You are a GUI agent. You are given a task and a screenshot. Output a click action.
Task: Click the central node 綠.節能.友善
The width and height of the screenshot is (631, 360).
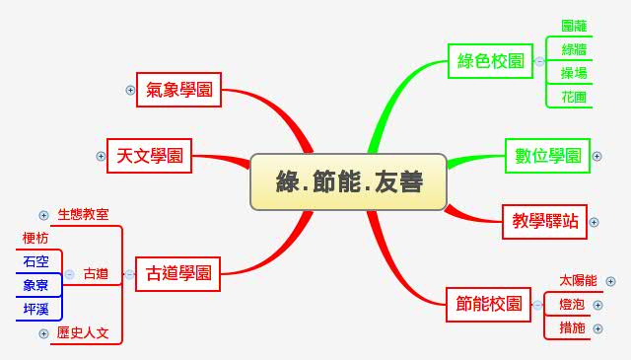click(349, 181)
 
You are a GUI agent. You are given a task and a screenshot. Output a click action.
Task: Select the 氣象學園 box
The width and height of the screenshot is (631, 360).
click(178, 90)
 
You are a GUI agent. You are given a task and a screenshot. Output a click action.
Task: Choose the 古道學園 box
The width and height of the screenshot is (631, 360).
click(178, 273)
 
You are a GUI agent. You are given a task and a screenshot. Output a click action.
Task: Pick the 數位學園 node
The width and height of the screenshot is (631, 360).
click(547, 156)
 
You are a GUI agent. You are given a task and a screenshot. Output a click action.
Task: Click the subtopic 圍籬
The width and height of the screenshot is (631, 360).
click(574, 27)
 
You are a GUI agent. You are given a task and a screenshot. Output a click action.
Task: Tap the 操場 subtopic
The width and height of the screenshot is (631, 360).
click(574, 74)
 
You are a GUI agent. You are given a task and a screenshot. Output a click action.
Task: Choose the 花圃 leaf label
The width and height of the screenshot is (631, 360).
click(574, 97)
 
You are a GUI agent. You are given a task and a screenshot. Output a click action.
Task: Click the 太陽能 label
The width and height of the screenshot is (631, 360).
click(578, 281)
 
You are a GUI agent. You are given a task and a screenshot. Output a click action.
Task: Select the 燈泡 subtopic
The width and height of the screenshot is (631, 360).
click(571, 305)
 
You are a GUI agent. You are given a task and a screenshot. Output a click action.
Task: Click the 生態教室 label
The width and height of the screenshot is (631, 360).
click(83, 214)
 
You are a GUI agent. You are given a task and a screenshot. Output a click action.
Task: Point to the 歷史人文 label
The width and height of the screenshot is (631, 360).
click(83, 333)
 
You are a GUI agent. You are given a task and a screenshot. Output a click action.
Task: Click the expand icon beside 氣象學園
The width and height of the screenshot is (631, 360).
click(130, 90)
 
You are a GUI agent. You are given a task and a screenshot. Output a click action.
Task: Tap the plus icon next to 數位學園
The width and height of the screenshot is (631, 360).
click(597, 156)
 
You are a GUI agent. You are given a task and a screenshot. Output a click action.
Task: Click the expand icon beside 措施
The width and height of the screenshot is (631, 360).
click(597, 327)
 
